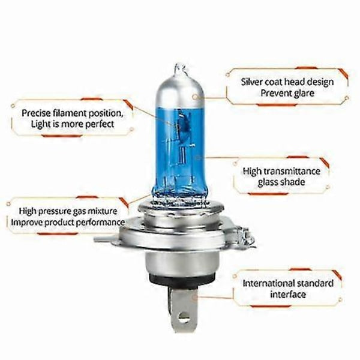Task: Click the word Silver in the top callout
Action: click(254, 82)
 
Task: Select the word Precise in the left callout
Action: click(38, 113)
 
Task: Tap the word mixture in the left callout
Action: click(109, 211)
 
